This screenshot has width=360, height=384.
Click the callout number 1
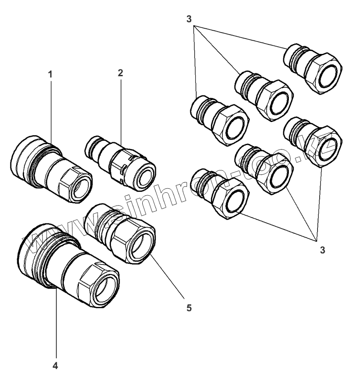[50, 74]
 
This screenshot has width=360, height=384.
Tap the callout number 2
[120, 72]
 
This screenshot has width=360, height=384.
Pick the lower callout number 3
[322, 250]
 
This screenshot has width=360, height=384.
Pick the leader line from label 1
[51, 111]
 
